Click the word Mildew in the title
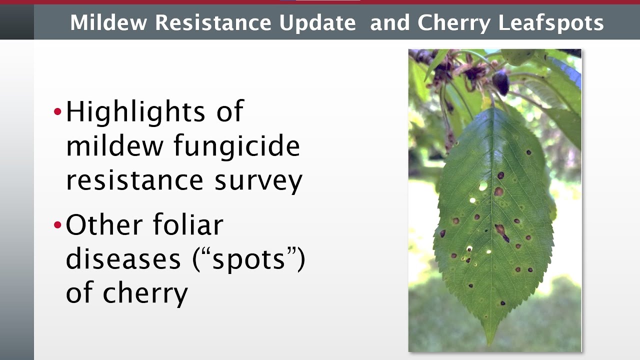pos(108,22)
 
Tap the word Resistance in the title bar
pos(213,22)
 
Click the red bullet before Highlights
pos(57,111)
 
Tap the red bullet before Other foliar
pos(57,225)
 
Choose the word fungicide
pos(237,146)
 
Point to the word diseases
pos(123,258)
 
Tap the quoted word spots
pos(248,260)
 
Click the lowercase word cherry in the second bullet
pos(145,294)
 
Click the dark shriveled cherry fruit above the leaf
pos(500,82)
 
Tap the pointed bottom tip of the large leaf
pos(490,344)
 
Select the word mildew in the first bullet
pos(114,145)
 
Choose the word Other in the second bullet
pos(104,224)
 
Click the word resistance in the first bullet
pos(134,180)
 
